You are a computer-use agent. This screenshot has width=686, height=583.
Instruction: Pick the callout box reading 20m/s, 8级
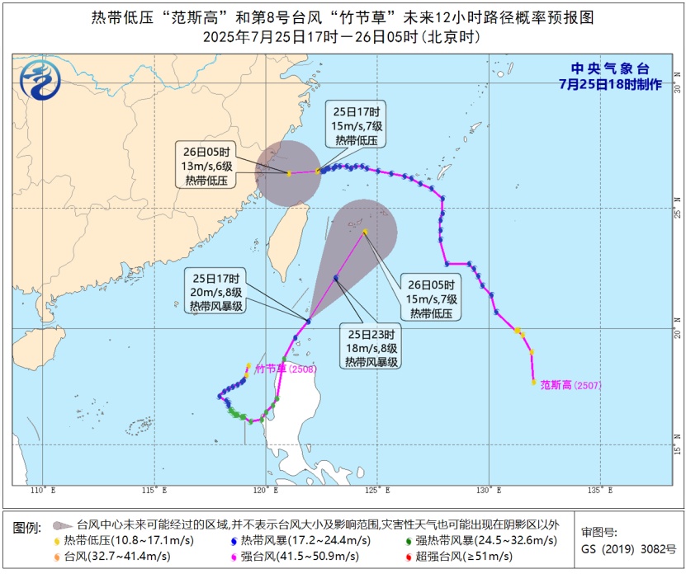[x=215, y=292]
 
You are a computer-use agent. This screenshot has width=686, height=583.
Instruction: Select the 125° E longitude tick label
[x=376, y=491]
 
